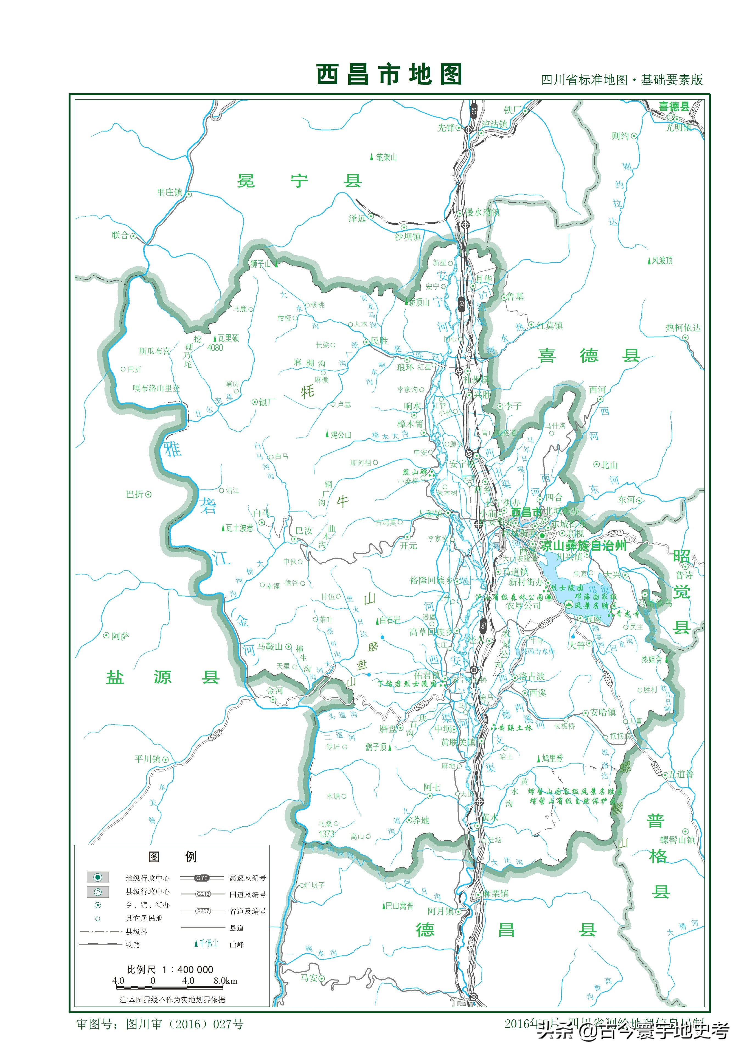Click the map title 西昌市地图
point(389,75)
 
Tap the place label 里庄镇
point(169,192)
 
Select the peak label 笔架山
point(386,157)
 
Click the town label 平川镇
point(147,759)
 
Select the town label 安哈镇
point(602,712)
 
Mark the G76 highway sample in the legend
point(202,878)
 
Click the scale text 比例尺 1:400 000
point(170,969)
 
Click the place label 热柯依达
point(683,328)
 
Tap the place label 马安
point(309,978)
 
